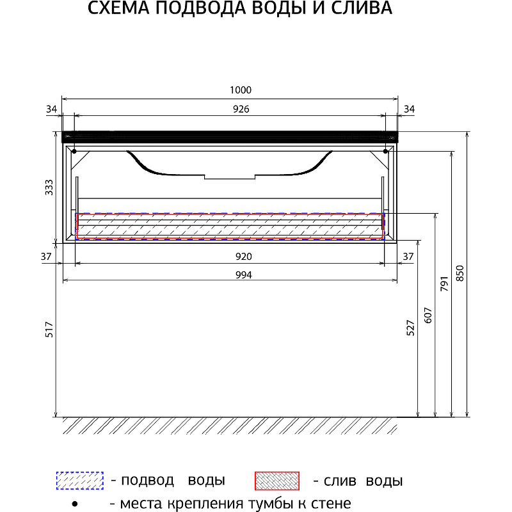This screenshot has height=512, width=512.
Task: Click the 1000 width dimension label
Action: click(x=241, y=90)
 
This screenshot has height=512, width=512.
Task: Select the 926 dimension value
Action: click(x=241, y=109)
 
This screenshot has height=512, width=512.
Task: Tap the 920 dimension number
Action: click(x=244, y=257)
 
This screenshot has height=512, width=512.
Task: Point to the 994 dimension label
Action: click(x=244, y=275)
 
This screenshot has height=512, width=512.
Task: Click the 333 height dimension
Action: click(x=49, y=188)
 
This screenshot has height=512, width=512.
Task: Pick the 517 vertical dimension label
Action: click(x=49, y=330)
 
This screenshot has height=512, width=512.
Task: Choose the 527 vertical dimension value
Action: click(x=410, y=328)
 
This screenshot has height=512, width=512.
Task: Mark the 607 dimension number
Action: click(x=428, y=316)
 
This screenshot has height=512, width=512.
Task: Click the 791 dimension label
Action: click(x=444, y=284)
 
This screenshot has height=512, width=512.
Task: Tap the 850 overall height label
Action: click(x=460, y=274)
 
